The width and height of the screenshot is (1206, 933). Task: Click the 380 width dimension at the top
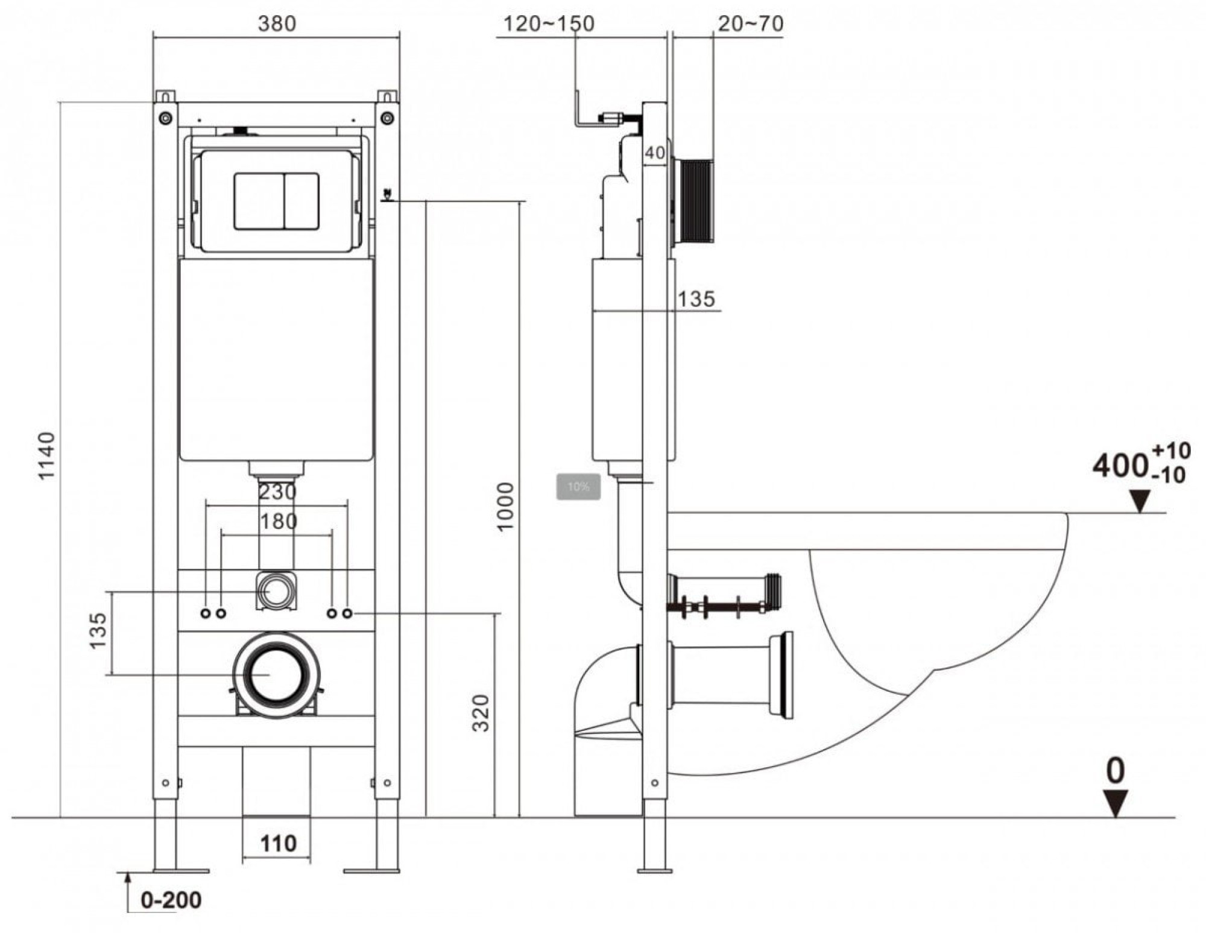tap(277, 24)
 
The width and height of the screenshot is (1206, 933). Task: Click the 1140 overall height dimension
tap(47, 455)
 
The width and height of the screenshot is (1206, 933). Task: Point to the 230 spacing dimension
tap(277, 492)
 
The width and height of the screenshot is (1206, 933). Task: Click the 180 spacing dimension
tap(278, 520)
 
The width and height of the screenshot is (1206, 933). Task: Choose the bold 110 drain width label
tap(278, 843)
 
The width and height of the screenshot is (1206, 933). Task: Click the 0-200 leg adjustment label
tap(171, 900)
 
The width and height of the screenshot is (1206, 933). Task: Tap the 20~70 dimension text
tap(751, 24)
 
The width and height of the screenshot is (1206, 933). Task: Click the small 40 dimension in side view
tap(655, 153)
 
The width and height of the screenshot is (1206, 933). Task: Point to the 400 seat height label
tap(1120, 466)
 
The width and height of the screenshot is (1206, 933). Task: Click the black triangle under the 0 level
tap(1116, 805)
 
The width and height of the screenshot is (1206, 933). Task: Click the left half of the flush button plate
tap(259, 201)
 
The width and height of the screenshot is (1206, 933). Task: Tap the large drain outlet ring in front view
tap(277, 675)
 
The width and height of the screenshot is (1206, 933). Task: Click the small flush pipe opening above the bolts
tap(277, 592)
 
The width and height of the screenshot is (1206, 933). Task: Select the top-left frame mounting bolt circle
tap(165, 118)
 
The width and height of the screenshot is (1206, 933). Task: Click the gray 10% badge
tap(578, 487)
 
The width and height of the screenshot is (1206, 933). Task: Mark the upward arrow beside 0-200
tap(128, 893)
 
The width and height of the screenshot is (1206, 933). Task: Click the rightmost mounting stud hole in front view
tap(347, 613)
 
